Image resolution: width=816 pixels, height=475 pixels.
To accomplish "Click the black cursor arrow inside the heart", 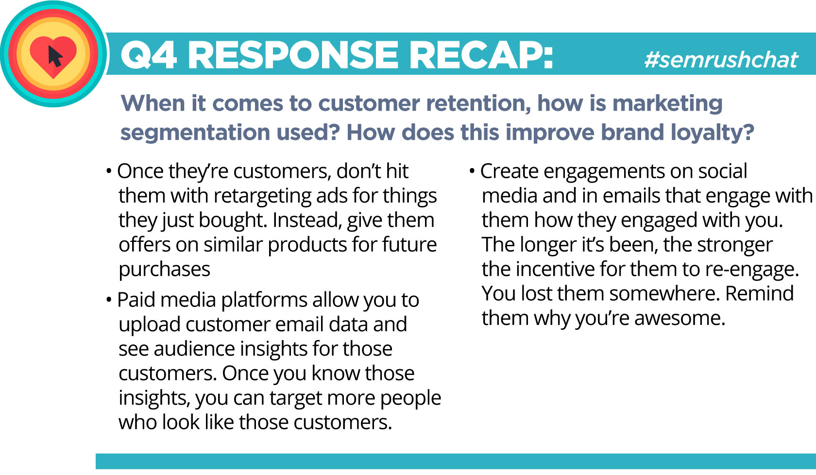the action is pos(55,56).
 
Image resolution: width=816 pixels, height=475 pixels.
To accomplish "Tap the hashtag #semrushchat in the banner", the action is pos(721,60).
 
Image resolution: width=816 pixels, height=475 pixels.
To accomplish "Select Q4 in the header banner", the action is pos(149,55).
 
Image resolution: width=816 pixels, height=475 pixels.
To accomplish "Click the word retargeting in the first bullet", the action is pos(262,196).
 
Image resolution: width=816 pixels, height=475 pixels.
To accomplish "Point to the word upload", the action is pos(150,324).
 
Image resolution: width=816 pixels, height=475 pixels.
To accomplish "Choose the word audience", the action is pos(194,349).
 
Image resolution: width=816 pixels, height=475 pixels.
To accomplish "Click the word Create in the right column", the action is pos(509,171).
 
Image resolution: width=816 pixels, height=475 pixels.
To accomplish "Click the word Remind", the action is pos(759,293).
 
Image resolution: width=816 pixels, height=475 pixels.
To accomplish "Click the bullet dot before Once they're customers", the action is pos(109,171).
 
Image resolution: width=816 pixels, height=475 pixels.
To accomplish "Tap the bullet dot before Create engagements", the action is pos(472,171).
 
